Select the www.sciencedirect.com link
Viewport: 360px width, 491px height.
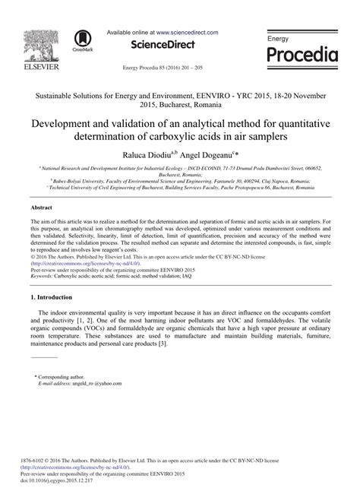tap(188, 33)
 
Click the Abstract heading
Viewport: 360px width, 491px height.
tap(41, 207)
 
